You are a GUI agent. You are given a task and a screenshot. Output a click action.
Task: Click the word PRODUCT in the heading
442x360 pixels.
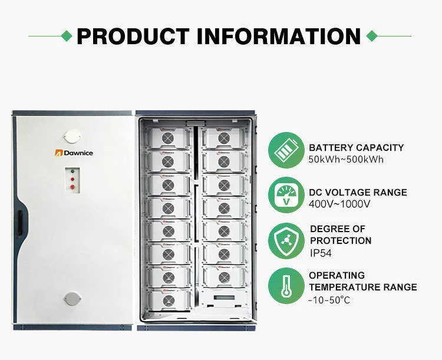click(x=133, y=36)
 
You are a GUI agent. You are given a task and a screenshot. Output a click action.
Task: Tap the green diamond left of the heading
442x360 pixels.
click(x=68, y=36)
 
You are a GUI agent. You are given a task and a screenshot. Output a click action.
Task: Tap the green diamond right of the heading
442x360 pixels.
click(x=371, y=36)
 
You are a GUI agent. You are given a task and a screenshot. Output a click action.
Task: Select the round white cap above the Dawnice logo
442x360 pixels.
click(x=74, y=135)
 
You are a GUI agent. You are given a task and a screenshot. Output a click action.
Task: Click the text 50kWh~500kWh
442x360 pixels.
click(x=347, y=159)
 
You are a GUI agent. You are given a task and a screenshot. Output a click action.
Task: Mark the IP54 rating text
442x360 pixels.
click(x=321, y=252)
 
